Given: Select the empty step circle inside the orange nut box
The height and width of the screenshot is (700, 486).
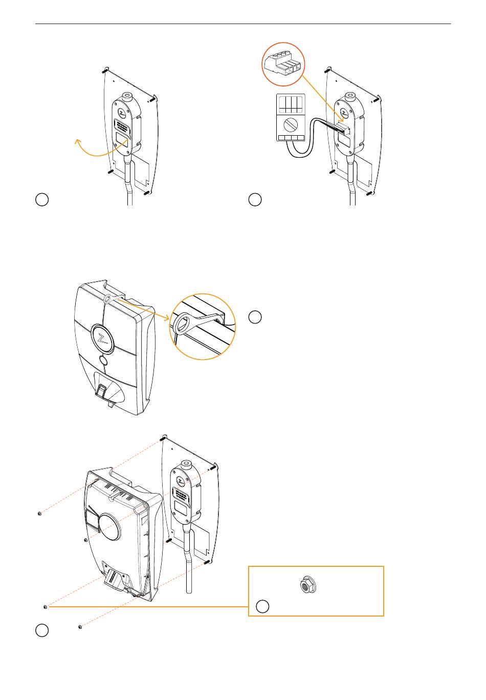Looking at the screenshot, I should click(x=262, y=607).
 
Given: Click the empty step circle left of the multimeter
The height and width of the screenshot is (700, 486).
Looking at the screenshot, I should click(x=255, y=200).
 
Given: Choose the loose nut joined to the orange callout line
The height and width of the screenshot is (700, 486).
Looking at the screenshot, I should click(x=46, y=607).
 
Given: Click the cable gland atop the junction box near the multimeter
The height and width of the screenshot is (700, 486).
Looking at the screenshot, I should click(x=350, y=96).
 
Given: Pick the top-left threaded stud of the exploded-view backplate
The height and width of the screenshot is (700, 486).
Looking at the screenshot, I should click(x=162, y=438).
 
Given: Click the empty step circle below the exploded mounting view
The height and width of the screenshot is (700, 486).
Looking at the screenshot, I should click(x=42, y=630).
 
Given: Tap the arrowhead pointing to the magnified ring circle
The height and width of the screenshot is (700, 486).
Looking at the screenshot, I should click(x=168, y=319).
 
